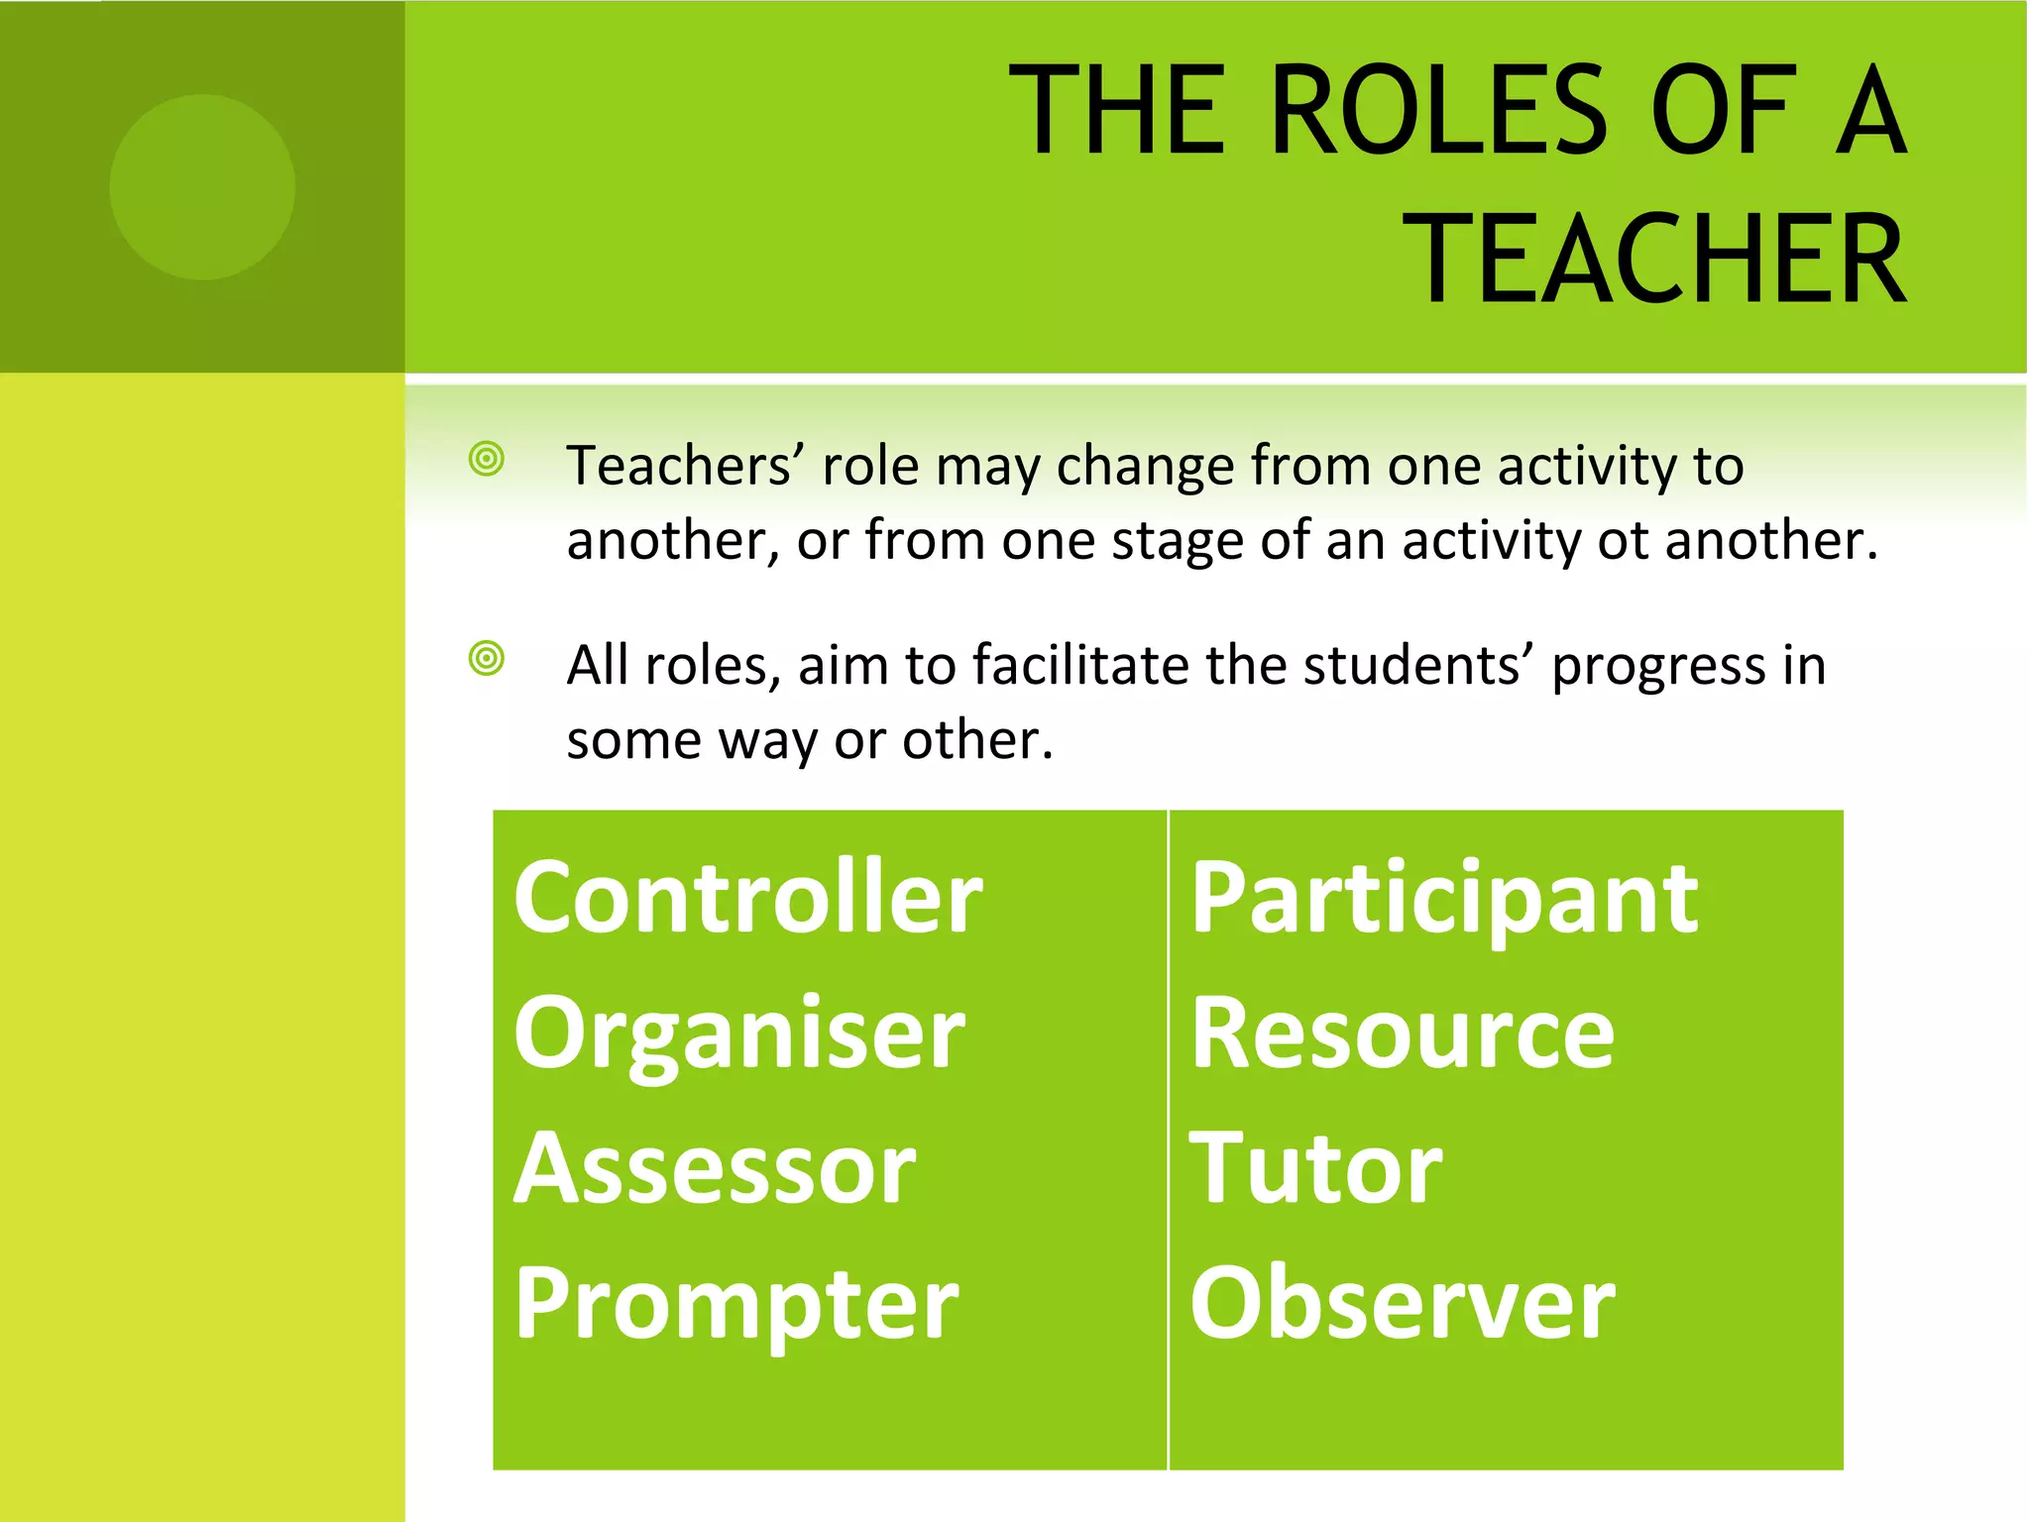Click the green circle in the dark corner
[x=202, y=187]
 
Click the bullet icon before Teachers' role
[x=487, y=459]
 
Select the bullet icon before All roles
[x=487, y=658]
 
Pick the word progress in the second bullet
[x=1657, y=666]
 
